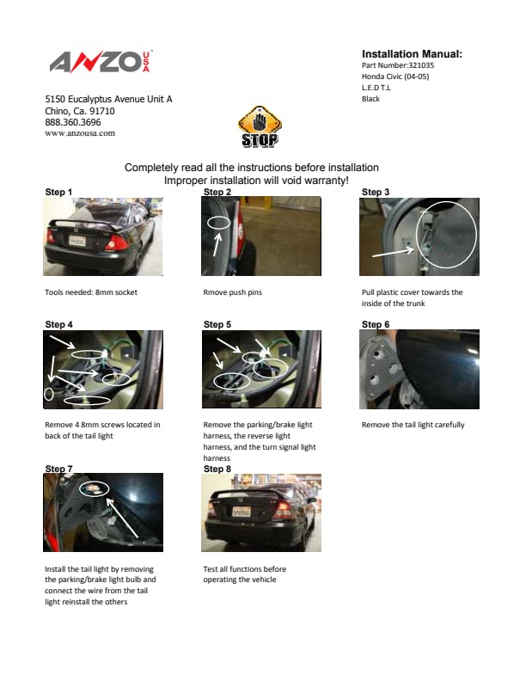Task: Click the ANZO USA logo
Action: tap(101, 62)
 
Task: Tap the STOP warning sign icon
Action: tap(260, 126)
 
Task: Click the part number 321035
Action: tap(421, 65)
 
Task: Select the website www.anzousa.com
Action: tap(80, 133)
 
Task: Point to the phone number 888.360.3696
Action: tap(73, 122)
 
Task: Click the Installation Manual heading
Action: tap(412, 54)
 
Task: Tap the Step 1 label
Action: tap(58, 192)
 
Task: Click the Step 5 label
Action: tap(217, 324)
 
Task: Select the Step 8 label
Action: tap(217, 469)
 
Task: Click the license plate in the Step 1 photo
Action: tap(77, 241)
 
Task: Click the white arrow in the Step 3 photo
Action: tap(393, 252)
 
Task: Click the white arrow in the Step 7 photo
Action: tap(122, 518)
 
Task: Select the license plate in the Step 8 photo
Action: tap(242, 512)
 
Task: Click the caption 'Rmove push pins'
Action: tap(233, 292)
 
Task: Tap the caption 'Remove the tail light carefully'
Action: tap(413, 425)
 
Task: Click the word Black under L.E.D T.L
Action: tap(370, 99)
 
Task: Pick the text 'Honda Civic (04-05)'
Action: tap(395, 77)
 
